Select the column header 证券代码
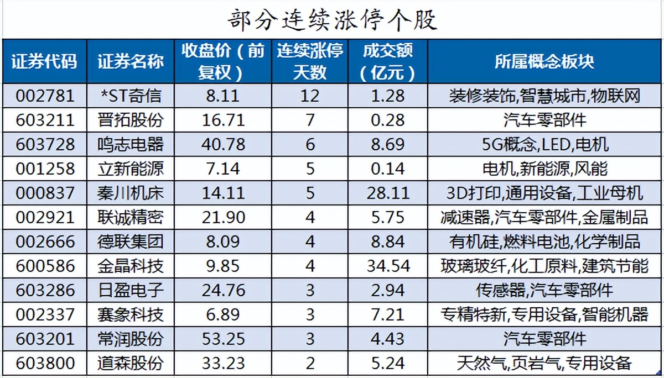44,61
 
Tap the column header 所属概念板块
544,61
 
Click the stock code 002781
44,96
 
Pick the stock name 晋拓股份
131,120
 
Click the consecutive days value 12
310,96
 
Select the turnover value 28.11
388,193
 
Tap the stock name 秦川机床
131,193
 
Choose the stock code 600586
44,266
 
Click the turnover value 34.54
388,266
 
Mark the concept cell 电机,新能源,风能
544,169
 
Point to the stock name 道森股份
131,363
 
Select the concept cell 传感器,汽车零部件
544,290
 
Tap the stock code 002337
44,314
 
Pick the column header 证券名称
131,61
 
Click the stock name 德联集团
131,242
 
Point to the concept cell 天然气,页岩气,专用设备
544,363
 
